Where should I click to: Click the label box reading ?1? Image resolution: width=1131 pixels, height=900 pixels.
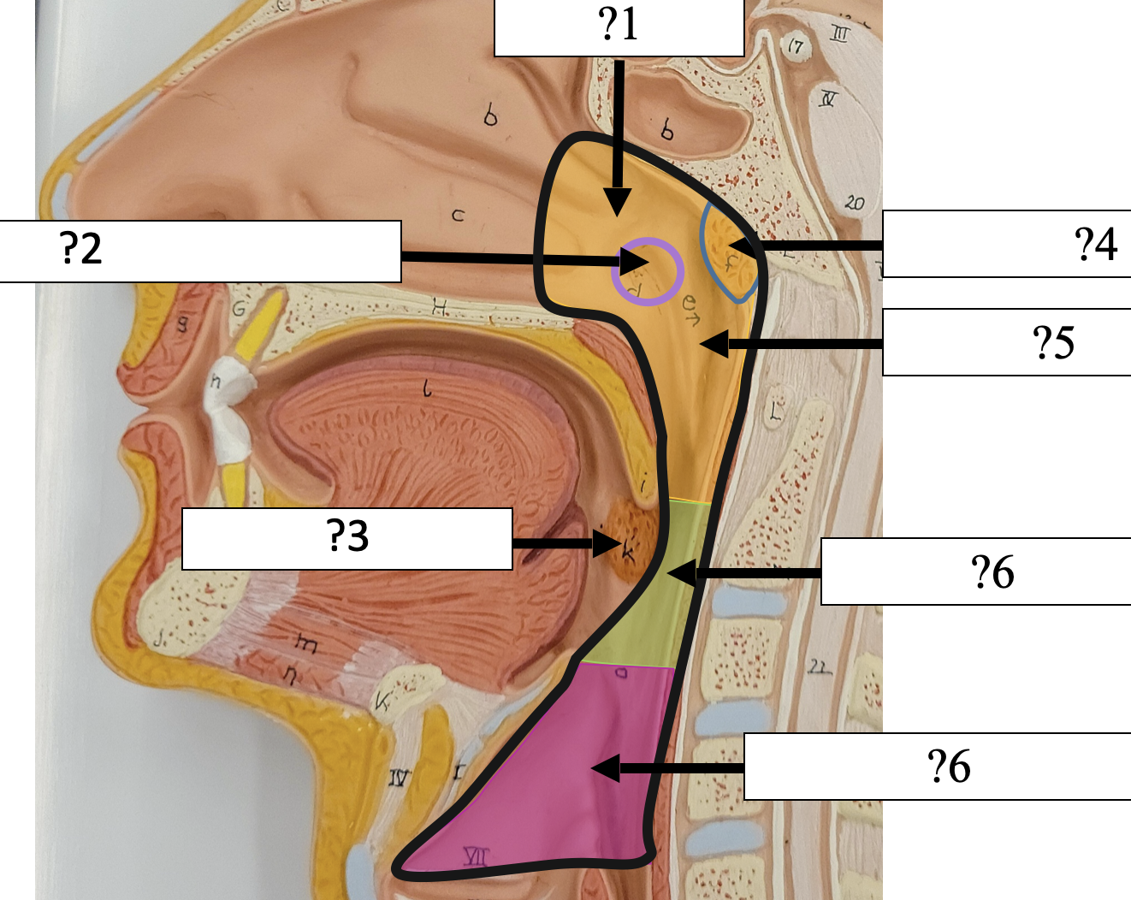point(619,27)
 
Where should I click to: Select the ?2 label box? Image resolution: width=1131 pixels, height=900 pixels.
point(200,251)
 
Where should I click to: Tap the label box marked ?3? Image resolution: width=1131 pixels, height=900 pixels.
point(346,538)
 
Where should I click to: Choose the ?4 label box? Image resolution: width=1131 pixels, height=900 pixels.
point(1006,244)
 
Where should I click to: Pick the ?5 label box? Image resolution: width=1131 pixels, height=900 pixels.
point(1006,342)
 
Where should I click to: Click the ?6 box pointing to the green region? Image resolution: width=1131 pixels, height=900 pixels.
point(975,571)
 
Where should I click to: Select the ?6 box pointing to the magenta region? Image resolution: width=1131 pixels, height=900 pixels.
point(937,767)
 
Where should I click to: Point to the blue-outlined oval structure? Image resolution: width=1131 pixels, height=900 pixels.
point(729,253)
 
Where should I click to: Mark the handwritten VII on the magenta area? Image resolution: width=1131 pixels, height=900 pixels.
point(476,855)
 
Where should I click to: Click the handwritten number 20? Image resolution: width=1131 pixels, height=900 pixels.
point(854,203)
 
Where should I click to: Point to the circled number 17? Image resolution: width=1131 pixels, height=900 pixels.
point(796,46)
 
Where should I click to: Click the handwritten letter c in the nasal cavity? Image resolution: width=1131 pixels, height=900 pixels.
point(458,215)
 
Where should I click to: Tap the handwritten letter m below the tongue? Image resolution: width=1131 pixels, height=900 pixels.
point(305,642)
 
